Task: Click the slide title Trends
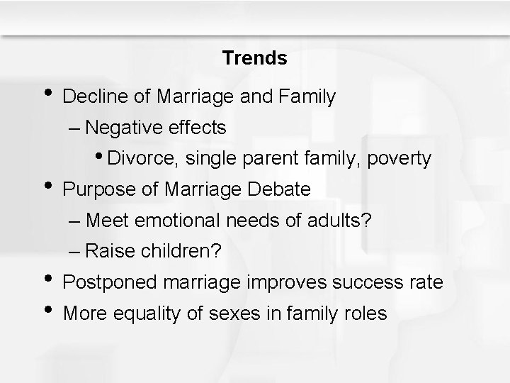[254, 58]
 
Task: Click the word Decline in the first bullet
[89, 96]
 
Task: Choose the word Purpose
[92, 189]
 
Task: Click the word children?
[183, 252]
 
